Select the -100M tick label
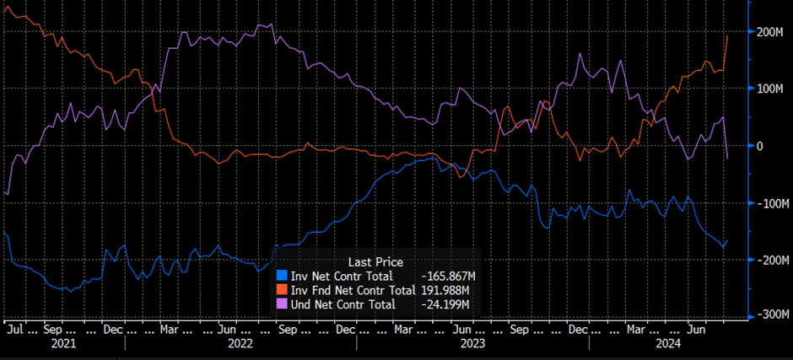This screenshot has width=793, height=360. tap(769, 204)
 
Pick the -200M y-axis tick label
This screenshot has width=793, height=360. tap(769, 261)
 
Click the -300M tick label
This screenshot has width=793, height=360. tap(769, 315)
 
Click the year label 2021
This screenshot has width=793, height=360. tap(63, 344)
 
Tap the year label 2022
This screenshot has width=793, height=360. tap(240, 344)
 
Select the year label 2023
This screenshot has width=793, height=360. tap(472, 344)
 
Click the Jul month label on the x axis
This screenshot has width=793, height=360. tap(14, 330)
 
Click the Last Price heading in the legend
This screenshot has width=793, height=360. tap(375, 262)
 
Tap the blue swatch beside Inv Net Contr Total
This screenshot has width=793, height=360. tap(282, 276)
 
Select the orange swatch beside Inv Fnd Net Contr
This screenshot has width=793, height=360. tap(282, 289)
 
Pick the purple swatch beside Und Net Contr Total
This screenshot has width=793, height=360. tap(282, 304)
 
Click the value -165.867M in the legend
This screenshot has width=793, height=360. tap(447, 276)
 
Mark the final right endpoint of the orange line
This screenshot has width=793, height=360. tap(728, 35)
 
